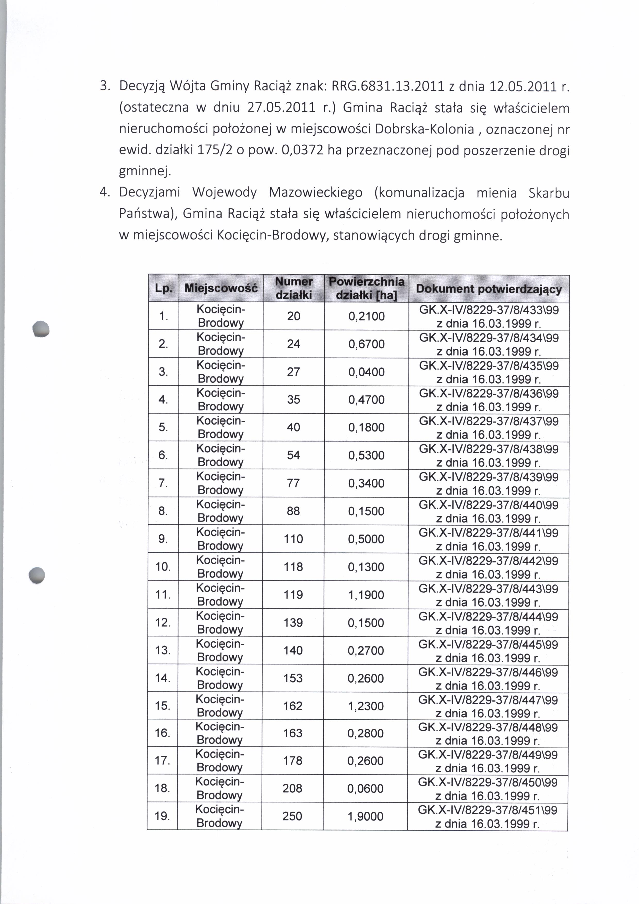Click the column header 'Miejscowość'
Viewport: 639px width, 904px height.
(x=221, y=288)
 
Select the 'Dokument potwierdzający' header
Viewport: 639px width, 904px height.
(x=489, y=289)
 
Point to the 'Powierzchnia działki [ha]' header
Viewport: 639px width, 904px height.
(x=366, y=288)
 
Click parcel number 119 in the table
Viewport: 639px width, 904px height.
(x=293, y=594)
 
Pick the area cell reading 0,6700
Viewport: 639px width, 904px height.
(x=366, y=344)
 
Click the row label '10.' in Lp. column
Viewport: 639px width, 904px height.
(x=163, y=567)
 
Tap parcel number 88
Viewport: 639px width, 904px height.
(x=293, y=511)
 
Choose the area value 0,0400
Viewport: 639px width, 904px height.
(x=366, y=372)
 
